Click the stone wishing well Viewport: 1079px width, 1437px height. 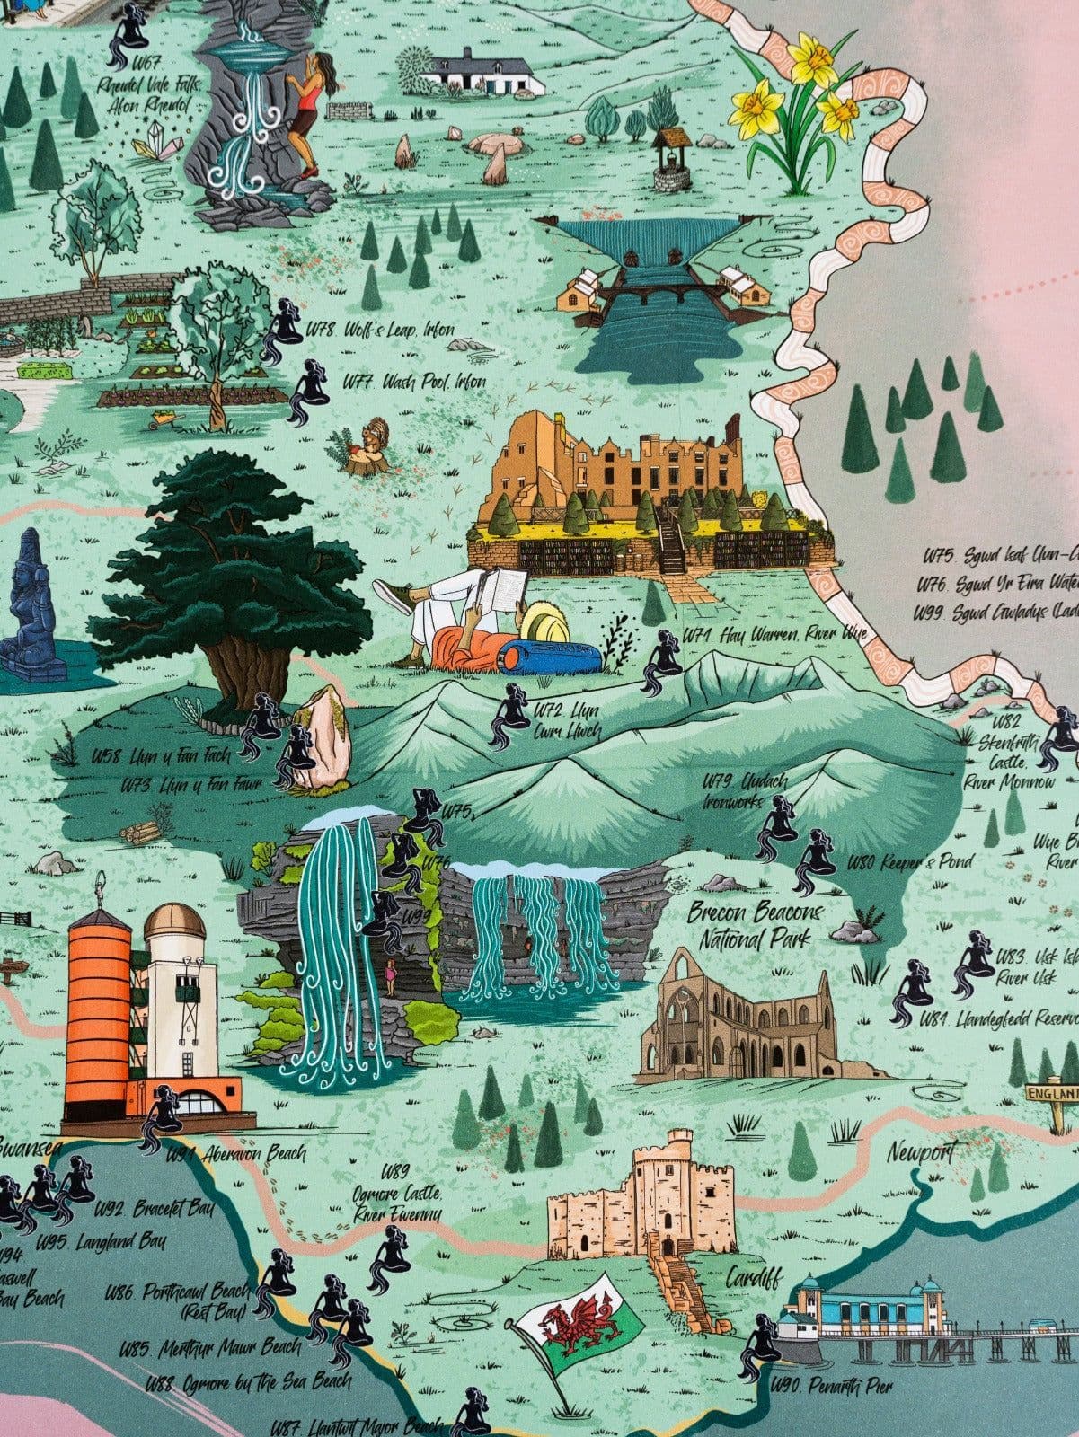pyautogui.click(x=672, y=160)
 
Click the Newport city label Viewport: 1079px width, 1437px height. pyautogui.click(x=921, y=1152)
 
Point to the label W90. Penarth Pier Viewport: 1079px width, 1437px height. pyautogui.click(x=831, y=1387)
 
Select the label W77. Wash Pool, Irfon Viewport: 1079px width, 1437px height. pyautogui.click(x=414, y=382)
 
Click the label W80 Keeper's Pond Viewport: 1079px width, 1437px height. pyautogui.click(x=909, y=863)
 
